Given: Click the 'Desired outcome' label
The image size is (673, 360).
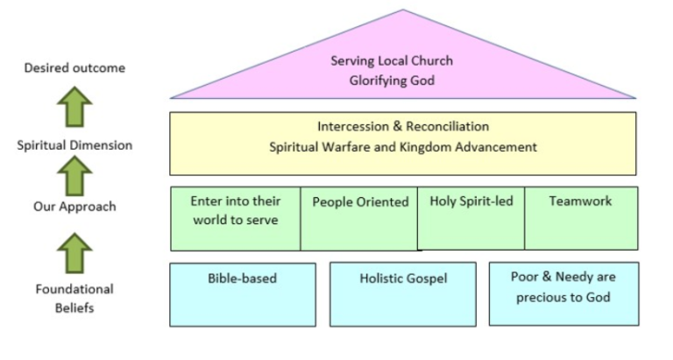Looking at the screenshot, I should pos(74,67).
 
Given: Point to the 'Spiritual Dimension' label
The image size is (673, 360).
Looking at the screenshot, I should pos(75,145).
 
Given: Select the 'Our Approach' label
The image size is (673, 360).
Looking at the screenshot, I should pos(75,207).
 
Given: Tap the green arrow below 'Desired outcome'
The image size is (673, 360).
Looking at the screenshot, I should pos(75,109).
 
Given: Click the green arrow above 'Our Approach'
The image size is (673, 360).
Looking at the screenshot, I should pos(75,178).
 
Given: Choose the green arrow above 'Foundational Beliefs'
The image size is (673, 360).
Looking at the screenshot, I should pos(75,255).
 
